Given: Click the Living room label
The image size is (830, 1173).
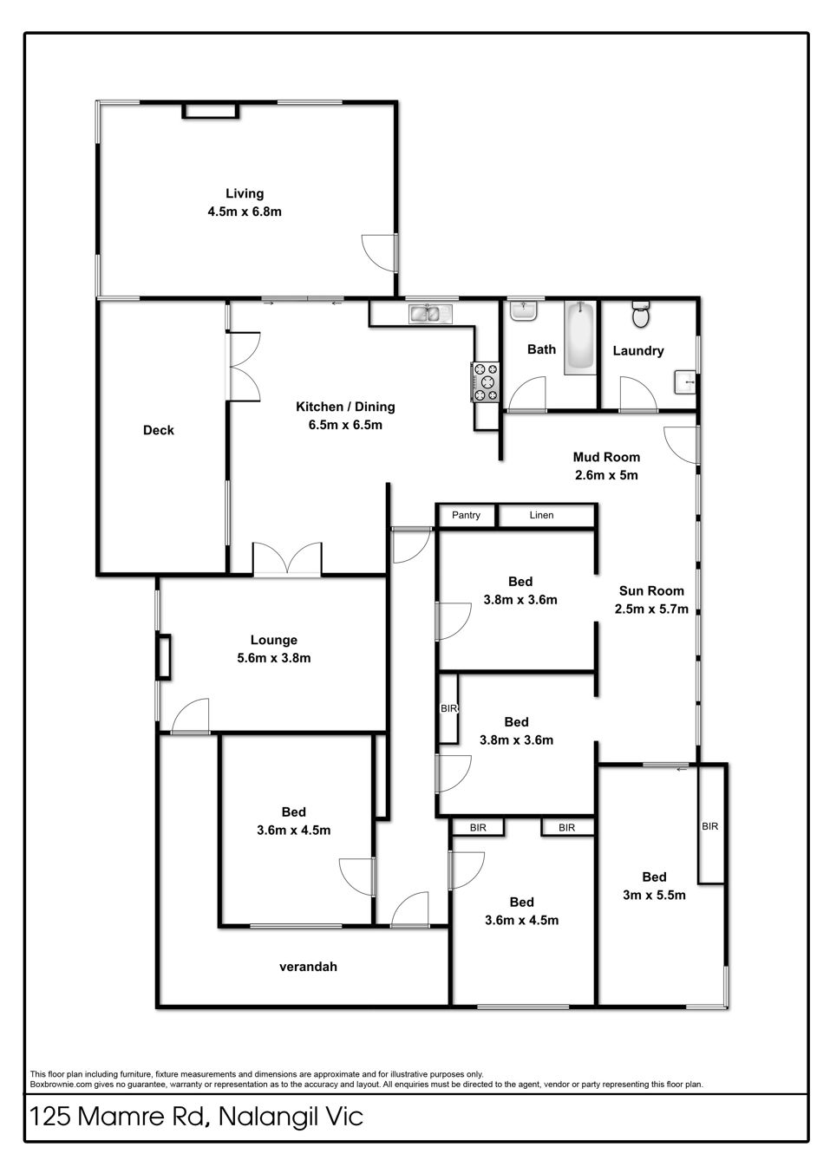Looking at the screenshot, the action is tap(245, 193).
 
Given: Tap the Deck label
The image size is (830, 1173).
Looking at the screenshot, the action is tap(158, 431).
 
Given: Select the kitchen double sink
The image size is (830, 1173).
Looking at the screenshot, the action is tap(430, 313).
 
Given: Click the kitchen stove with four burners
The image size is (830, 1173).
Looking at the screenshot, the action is tap(486, 382).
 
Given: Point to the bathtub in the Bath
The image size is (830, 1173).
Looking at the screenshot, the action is tap(580, 338).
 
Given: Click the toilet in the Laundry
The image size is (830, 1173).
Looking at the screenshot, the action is tap(640, 314).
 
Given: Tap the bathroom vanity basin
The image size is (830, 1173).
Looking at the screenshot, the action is tap(523, 310).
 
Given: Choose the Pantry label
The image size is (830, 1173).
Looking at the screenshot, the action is tap(466, 515).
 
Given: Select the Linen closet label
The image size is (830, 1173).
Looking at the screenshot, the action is tap(541, 515).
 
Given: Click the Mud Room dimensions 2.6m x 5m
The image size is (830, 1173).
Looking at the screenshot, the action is tap(606, 475).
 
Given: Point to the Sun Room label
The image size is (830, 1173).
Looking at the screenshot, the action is tap(651, 591).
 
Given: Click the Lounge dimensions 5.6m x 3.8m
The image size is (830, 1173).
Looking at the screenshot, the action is tap(273, 658).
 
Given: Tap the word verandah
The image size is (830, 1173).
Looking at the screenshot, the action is tap(308, 967).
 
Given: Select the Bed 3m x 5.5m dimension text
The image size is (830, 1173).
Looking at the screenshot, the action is tap(654, 895).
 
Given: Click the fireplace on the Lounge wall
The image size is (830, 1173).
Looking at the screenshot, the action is tap(164, 656).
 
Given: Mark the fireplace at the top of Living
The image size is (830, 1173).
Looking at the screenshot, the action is tap(211, 110).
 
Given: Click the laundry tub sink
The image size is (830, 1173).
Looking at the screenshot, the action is tap(685, 382).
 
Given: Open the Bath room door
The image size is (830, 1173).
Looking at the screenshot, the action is tap(527, 394).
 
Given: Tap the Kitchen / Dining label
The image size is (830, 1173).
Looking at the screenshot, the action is tap(345, 407).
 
